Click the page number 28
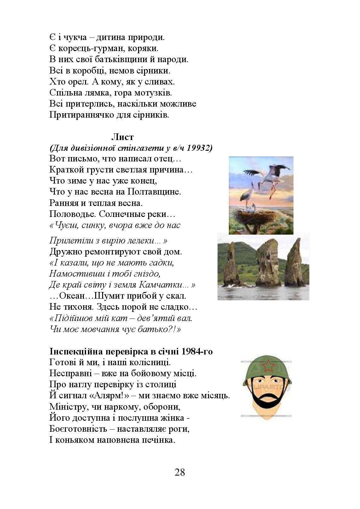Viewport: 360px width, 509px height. click(x=180, y=472)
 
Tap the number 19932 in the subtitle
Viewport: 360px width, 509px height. click(x=198, y=148)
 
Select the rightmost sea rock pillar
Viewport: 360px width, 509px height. click(x=295, y=263)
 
